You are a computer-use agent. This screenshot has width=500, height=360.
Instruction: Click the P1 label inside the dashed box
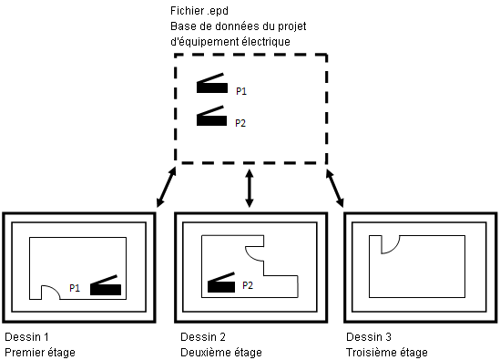coord(241,91)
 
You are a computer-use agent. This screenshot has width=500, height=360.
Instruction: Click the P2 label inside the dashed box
coord(240,123)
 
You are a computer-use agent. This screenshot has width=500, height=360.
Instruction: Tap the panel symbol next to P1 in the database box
coord(212,83)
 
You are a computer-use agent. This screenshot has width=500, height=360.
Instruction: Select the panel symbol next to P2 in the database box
coord(211,116)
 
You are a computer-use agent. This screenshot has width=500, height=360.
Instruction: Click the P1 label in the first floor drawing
coord(75,288)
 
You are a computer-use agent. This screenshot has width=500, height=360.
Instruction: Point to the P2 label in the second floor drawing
coord(248,285)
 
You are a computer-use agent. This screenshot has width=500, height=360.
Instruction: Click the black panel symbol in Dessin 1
coord(106,285)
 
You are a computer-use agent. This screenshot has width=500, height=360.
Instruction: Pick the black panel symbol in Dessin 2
coord(221,283)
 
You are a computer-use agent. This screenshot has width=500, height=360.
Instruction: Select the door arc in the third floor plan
coord(394,249)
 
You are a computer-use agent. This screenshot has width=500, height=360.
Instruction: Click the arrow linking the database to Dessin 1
coord(166,187)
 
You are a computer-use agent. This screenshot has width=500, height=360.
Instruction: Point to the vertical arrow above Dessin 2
coord(250,189)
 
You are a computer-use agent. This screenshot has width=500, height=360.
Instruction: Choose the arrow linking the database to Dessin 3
coord(335,189)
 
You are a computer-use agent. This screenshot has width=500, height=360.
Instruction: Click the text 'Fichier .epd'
coord(199,11)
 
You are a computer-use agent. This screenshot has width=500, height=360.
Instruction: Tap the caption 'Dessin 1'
coord(26,336)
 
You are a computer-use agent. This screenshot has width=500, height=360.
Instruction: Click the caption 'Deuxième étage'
coord(221,353)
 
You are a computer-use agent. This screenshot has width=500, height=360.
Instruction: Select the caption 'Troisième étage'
coord(387,353)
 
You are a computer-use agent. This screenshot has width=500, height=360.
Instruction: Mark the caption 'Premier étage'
coord(40,353)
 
